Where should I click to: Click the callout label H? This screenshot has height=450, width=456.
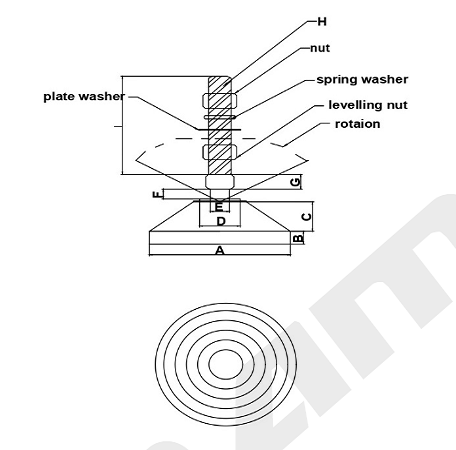(322, 22)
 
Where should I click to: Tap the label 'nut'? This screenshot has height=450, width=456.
(320, 48)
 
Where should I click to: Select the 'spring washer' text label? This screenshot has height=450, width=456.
(362, 80)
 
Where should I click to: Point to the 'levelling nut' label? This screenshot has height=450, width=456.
(368, 105)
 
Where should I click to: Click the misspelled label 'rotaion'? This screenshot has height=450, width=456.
(357, 124)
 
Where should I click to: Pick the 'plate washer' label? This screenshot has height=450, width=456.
(84, 97)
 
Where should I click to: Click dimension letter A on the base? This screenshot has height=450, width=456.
(220, 250)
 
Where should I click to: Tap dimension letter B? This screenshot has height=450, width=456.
(298, 238)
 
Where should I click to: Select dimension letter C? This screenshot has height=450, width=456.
(306, 217)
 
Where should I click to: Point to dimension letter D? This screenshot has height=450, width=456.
(221, 221)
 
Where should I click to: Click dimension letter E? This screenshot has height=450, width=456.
(219, 207)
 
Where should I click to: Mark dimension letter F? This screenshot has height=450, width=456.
(157, 194)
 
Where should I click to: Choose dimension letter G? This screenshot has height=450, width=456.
(296, 182)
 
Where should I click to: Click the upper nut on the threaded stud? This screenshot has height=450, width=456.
(220, 100)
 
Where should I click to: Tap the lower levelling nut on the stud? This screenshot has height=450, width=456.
(220, 151)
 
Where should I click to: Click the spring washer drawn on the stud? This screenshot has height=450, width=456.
(220, 117)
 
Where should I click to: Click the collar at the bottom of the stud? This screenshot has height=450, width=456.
(220, 182)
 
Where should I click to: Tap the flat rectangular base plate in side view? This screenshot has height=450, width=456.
(220, 238)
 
